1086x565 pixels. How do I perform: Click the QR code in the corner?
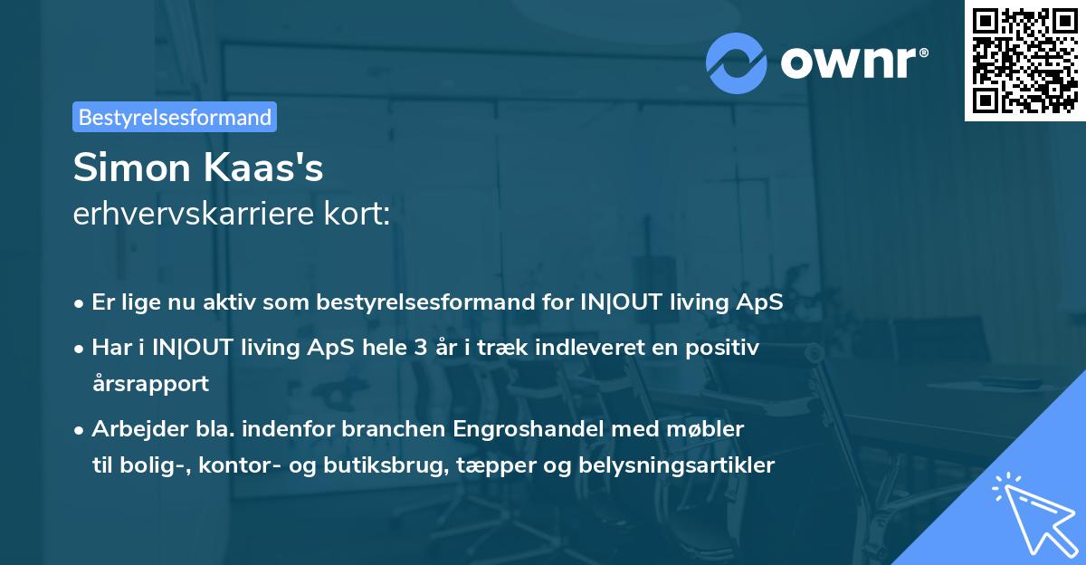(1024, 60)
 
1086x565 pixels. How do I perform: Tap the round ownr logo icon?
(737, 62)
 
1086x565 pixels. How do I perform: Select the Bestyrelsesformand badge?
(175, 117)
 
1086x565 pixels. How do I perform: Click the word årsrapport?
(150, 383)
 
